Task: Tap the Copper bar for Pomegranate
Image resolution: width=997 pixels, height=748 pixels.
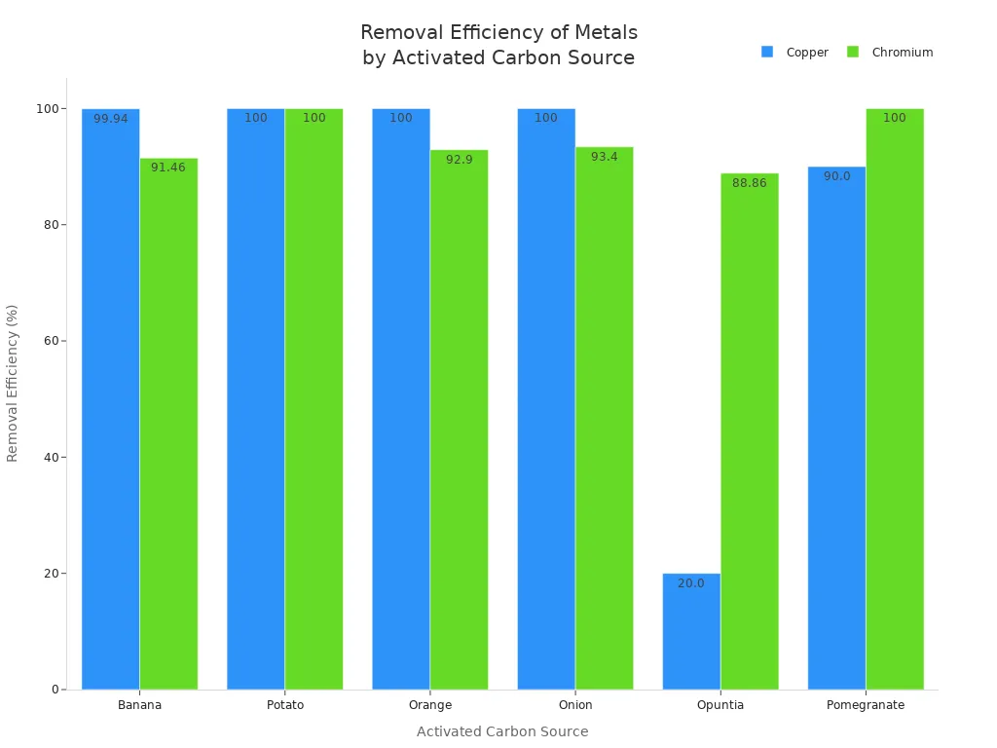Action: [836, 429]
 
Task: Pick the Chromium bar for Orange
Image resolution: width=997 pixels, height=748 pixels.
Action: [459, 419]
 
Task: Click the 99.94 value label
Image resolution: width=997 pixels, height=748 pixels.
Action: [111, 119]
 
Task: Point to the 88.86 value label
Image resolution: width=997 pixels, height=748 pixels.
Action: [750, 183]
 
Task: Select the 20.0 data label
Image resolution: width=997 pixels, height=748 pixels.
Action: [691, 583]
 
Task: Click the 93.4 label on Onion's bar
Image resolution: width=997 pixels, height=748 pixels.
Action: [605, 157]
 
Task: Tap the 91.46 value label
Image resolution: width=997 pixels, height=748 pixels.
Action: [168, 168]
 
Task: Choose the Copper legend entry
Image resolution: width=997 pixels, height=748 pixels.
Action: [796, 53]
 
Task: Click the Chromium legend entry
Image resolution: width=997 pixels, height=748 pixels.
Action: [891, 53]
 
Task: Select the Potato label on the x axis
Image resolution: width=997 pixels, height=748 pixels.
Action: [285, 705]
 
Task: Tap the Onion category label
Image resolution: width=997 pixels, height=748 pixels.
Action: [575, 705]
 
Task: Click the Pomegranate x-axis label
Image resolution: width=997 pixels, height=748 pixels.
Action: [866, 705]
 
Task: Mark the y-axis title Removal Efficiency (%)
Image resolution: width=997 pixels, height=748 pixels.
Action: [13, 383]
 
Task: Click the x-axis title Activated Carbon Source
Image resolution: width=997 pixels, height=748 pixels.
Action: [502, 731]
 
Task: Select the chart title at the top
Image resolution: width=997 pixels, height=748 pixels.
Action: [498, 45]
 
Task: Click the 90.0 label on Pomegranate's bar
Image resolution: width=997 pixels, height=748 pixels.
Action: [837, 176]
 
